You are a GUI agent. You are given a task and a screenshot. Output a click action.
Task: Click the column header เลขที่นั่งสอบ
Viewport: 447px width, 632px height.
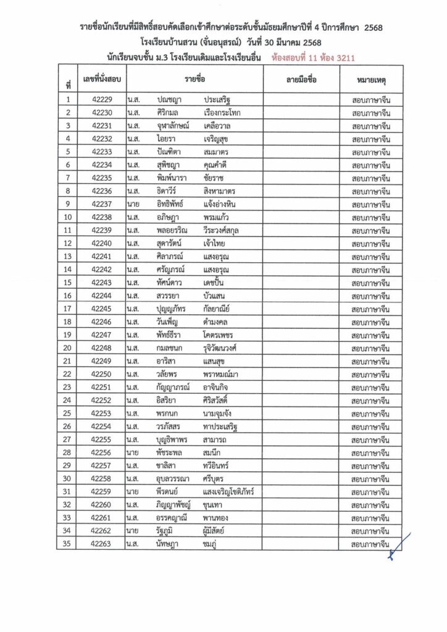point(102,81)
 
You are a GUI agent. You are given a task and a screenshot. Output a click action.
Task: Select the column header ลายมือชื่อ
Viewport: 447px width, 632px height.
point(301,81)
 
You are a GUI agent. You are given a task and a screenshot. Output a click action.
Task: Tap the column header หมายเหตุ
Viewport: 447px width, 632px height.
point(371,81)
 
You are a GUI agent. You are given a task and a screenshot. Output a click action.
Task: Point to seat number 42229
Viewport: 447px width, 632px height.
point(102,100)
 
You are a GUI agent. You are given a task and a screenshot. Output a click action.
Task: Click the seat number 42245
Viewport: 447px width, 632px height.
point(102,309)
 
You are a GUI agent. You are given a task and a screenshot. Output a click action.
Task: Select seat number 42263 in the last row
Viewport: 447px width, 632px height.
point(102,544)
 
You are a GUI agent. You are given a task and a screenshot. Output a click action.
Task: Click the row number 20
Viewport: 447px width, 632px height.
point(68,347)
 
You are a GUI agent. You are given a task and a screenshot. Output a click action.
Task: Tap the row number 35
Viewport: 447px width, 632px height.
point(68,544)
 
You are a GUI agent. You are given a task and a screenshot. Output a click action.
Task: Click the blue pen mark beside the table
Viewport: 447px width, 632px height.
point(397,547)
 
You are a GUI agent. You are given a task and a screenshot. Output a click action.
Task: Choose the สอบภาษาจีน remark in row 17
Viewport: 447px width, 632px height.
point(370,309)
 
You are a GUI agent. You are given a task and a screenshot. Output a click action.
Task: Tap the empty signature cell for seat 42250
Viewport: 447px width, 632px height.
point(301,374)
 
